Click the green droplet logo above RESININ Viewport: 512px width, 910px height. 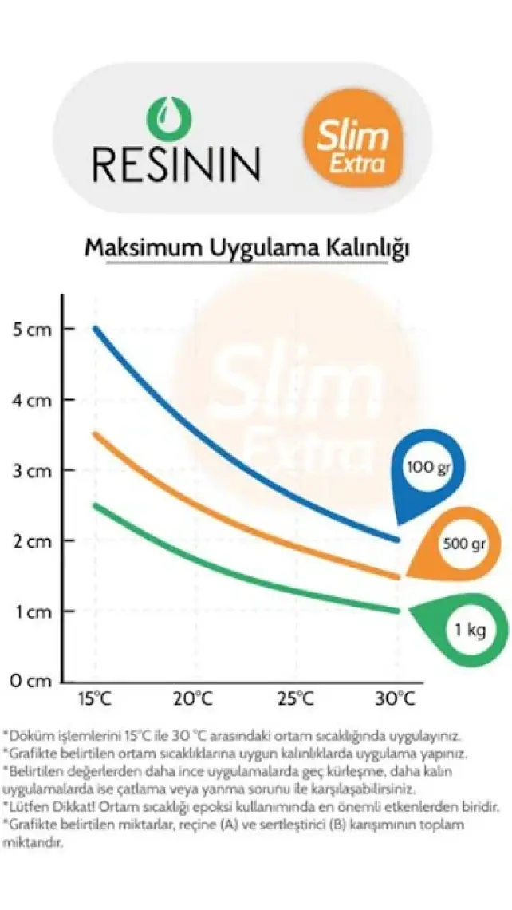[x=169, y=118]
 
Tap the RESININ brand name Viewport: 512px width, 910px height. [x=176, y=162]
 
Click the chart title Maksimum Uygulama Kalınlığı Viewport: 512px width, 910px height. [x=247, y=249]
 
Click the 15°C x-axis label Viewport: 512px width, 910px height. [x=93, y=699]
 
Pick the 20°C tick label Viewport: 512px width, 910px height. [x=194, y=699]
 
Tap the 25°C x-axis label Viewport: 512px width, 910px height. [x=295, y=699]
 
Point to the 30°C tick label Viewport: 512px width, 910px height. [x=396, y=699]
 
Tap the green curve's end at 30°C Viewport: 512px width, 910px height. [x=396, y=611]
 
